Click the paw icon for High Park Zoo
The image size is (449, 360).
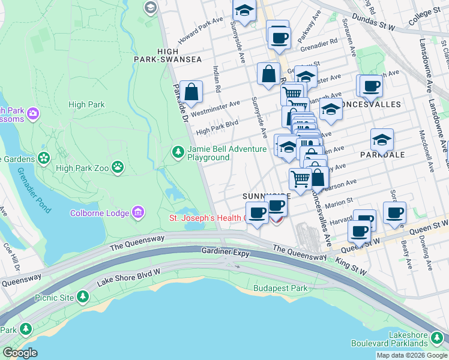click(118, 167)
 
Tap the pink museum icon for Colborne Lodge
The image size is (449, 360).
click(139, 212)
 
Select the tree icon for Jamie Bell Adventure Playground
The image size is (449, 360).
click(178, 153)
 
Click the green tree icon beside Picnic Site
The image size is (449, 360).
click(82, 297)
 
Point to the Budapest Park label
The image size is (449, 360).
click(280, 289)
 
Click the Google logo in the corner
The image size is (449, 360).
click(20, 353)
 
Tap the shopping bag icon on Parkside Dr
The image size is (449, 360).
click(191, 92)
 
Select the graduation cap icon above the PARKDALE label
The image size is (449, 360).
click(382, 140)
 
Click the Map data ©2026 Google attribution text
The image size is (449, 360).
click(412, 355)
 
